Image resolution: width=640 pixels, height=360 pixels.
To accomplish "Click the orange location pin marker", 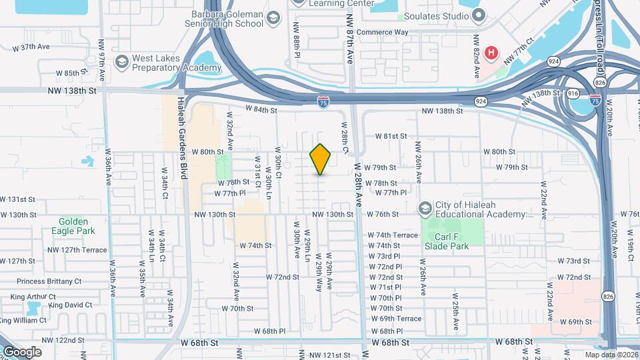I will coord(321,159).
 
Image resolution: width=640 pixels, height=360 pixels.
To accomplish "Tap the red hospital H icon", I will coord(491,53).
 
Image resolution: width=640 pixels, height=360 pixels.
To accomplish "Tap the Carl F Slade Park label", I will coord(446,241).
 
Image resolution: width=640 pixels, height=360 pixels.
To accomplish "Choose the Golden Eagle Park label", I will coord(73,226).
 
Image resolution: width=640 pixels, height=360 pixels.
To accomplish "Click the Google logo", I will coord(21,352).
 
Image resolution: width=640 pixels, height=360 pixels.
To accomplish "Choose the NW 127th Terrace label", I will coord(77,250).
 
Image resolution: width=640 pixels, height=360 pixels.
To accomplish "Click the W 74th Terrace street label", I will coord(393,235).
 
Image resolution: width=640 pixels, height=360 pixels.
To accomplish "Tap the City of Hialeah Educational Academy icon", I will coord(425,209).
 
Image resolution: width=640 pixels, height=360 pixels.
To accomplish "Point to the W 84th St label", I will coord(261,109).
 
